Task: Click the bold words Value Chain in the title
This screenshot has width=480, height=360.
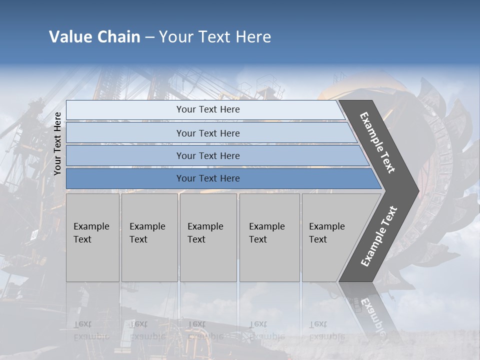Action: pos(94,37)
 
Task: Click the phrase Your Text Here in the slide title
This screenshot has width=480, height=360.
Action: pos(215,37)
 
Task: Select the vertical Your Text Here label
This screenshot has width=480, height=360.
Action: pos(57,143)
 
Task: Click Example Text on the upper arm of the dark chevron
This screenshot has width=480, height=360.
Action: pos(377,142)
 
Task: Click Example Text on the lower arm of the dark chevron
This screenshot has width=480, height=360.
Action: pos(378,236)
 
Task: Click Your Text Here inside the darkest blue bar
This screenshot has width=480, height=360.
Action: pos(208,178)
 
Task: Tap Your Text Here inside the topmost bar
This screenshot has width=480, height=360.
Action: pos(208,109)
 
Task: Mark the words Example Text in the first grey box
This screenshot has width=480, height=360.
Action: pos(91,232)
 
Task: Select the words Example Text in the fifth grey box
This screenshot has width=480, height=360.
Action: pos(326,232)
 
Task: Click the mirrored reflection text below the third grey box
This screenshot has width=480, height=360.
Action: pos(205,330)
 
